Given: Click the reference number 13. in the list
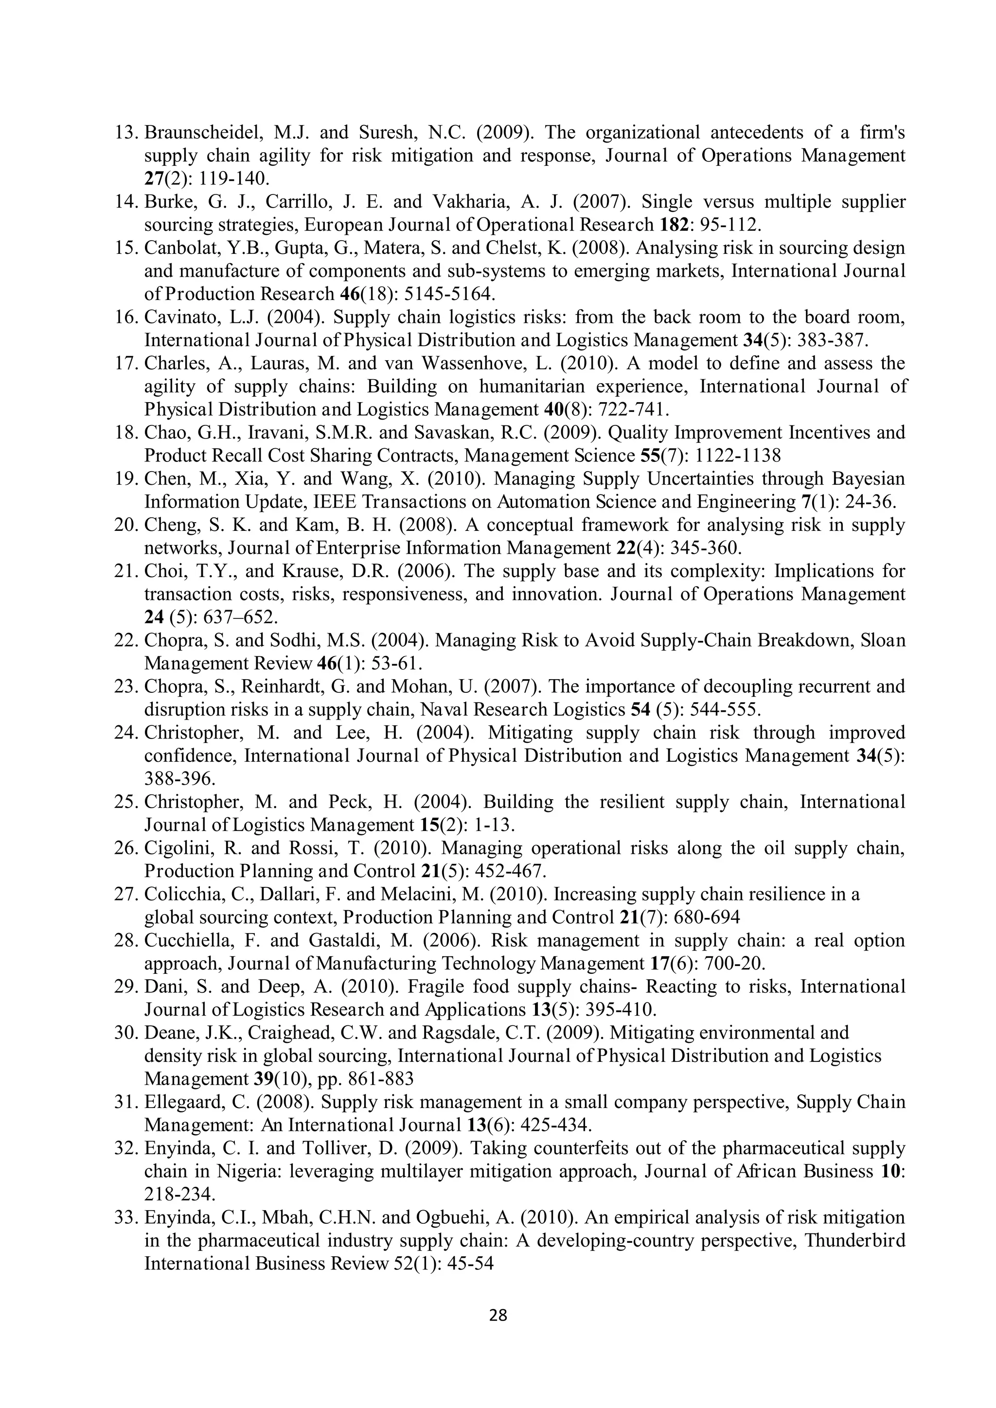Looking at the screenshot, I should tap(127, 132).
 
